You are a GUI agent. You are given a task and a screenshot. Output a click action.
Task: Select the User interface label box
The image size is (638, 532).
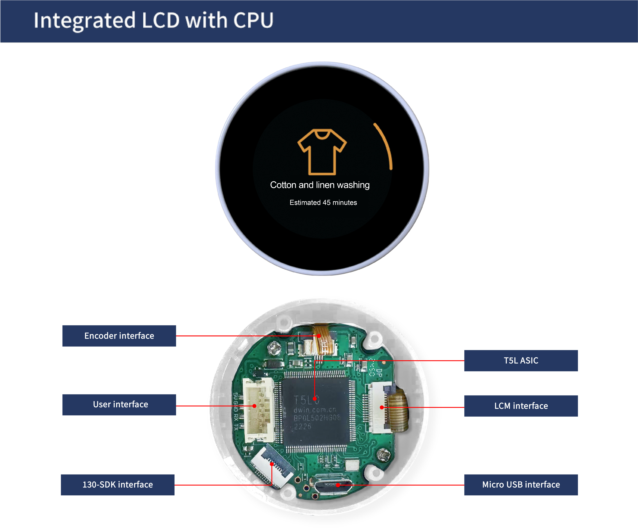click(119, 405)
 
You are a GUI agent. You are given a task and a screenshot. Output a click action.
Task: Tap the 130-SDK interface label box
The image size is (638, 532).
click(118, 485)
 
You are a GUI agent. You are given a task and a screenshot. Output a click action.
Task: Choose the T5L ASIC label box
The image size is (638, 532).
click(521, 361)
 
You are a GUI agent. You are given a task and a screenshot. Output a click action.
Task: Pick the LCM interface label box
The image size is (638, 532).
click(521, 406)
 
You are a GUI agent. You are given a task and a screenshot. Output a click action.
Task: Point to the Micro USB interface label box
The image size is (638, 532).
click(521, 485)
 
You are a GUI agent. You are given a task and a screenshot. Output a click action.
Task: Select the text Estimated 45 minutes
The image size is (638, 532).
click(323, 202)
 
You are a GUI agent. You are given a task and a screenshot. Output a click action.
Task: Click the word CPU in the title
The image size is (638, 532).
click(253, 20)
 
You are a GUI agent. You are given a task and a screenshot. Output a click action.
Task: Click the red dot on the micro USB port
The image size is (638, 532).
click(338, 485)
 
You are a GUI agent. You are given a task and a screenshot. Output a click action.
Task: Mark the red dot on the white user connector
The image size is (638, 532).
click(254, 406)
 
